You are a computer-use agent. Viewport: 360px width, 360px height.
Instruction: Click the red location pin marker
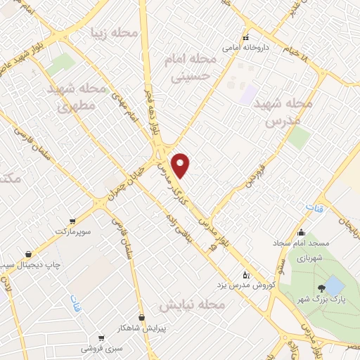[181, 165]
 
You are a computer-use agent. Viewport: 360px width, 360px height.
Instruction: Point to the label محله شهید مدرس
[283, 112]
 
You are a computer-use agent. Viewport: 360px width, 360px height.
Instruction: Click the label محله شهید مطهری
[70, 98]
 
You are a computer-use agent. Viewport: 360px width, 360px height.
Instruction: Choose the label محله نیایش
[191, 306]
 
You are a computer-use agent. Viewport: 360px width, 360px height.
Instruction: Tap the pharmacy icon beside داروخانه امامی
[245, 38]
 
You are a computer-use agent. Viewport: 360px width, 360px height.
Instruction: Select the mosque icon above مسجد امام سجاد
[302, 233]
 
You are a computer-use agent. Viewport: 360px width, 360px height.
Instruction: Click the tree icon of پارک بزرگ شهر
[321, 288]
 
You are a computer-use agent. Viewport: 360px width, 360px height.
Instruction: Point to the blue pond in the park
[333, 285]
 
